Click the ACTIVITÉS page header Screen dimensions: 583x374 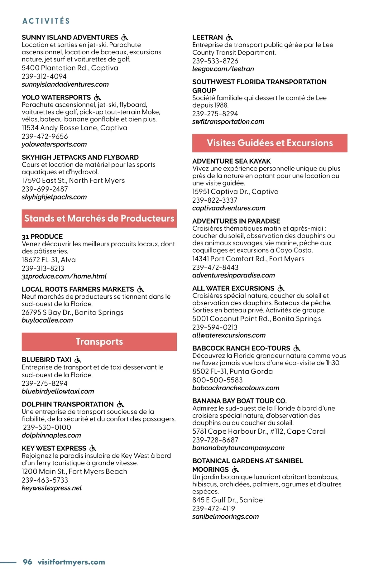[46, 21]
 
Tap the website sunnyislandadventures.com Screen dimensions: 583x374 [65, 84]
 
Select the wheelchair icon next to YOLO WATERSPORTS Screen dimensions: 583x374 [98, 97]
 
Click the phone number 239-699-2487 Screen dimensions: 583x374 [45, 189]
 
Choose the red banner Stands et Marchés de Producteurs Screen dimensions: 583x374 [99, 218]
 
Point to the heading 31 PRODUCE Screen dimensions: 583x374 [42, 237]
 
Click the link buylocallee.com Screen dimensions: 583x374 [47, 320]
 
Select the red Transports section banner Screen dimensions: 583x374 [99, 342]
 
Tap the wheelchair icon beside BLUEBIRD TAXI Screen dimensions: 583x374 [78, 360]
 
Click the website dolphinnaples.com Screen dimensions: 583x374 [51, 435]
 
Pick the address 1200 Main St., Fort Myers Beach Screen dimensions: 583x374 [74, 471]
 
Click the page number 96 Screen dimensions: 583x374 [27, 562]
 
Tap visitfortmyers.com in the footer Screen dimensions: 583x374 [71, 562]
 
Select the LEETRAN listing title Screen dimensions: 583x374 [208, 37]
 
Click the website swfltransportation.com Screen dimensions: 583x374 [228, 122]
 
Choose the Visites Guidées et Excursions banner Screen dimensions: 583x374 [270, 143]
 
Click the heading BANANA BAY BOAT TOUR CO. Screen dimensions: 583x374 [239, 401]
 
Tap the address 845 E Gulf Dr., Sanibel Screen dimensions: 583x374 [228, 500]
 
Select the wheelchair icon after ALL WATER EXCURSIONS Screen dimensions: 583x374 [281, 288]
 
